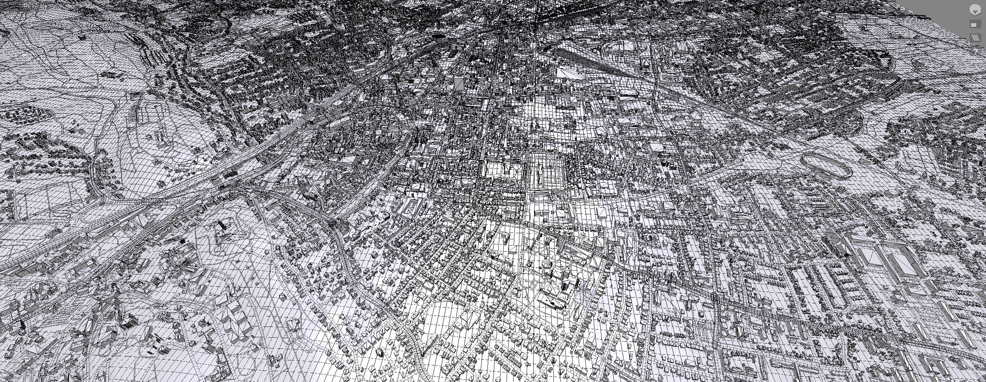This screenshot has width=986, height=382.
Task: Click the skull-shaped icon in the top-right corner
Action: pos(974,10)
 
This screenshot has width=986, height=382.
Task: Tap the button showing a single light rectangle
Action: pos(974,25)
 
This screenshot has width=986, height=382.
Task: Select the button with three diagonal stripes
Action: pos(975,38)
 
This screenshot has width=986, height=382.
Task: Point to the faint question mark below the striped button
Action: pos(975,50)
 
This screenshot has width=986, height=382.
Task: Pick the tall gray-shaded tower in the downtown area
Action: pos(459,84)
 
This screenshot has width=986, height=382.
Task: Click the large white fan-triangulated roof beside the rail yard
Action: pos(569,73)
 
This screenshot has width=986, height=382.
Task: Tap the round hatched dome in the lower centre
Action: pos(547,263)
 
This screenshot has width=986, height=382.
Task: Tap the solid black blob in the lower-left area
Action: pos(182,241)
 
